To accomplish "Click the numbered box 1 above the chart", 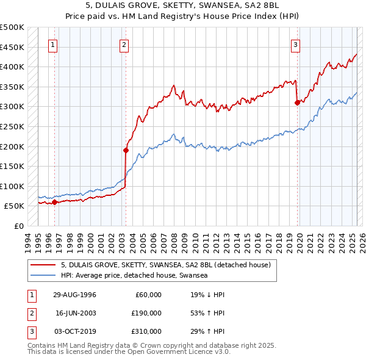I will pyautogui.click(x=54, y=44).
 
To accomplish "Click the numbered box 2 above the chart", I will pyautogui.click(x=124, y=44).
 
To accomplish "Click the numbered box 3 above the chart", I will pyautogui.click(x=295, y=44).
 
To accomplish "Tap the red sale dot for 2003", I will pyautogui.click(x=126, y=149).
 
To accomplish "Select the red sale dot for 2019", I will pyautogui.click(x=297, y=103).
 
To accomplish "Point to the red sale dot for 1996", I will pyautogui.click(x=54, y=202).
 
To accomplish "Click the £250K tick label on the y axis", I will pyautogui.click(x=13, y=126).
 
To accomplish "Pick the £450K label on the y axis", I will pyautogui.click(x=13, y=47).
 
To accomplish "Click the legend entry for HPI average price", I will pyautogui.click(x=135, y=275).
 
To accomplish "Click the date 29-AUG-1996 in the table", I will pyautogui.click(x=74, y=295).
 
